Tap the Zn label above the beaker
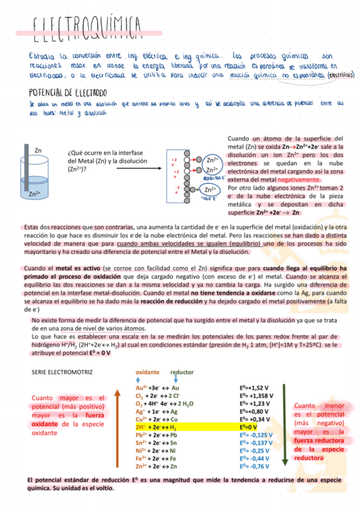tap(38, 150)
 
